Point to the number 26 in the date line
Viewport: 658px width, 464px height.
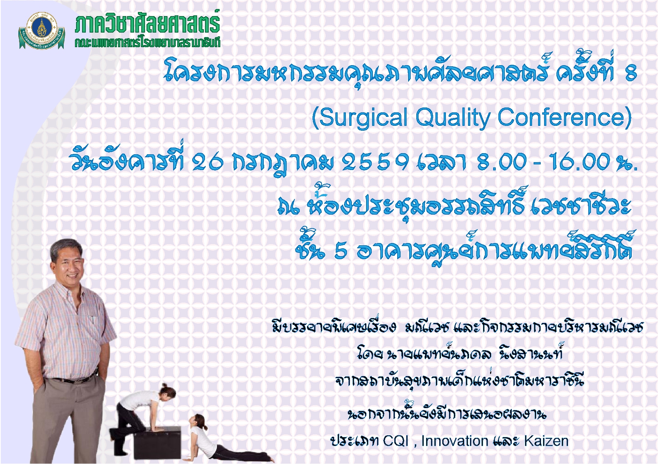click(x=208, y=162)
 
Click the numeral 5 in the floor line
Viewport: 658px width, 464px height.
click(x=341, y=251)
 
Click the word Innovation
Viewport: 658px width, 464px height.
click(x=455, y=441)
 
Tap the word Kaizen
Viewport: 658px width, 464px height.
click(x=546, y=441)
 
